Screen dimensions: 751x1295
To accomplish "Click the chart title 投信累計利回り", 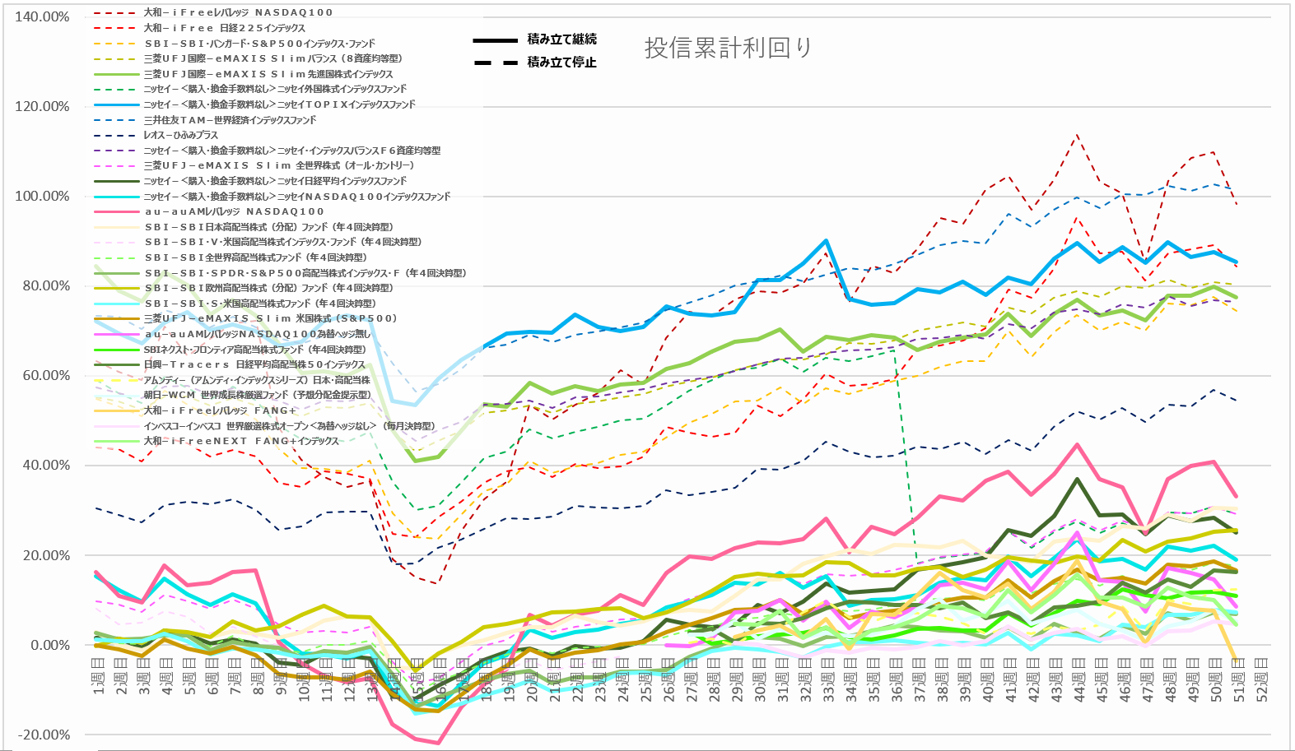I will (x=728, y=48).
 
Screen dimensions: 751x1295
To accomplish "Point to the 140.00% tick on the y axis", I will (x=42, y=16).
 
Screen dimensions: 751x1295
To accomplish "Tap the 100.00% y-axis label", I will (x=42, y=196).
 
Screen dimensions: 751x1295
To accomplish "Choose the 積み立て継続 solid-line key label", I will (x=561, y=39).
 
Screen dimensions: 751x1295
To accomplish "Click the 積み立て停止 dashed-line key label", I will (x=561, y=63).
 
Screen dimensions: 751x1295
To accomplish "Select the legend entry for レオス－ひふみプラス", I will (x=181, y=135).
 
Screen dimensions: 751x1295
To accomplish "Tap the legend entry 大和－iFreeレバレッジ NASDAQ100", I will (x=238, y=12).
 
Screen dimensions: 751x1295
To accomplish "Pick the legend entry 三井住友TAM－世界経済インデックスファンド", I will (x=230, y=120).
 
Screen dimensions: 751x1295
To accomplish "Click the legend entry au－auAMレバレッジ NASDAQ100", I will (x=234, y=211).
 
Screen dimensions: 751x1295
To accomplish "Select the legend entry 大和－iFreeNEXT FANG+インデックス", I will (x=240, y=441).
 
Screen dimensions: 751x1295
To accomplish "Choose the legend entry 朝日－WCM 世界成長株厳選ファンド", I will (x=257, y=395).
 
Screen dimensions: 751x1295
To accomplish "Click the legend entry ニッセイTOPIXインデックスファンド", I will (x=279, y=104).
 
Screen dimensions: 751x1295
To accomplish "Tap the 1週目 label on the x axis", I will (x=98, y=679).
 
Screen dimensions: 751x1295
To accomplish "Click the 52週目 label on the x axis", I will (x=1260, y=679).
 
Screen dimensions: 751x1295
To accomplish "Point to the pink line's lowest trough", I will (x=438, y=744).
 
